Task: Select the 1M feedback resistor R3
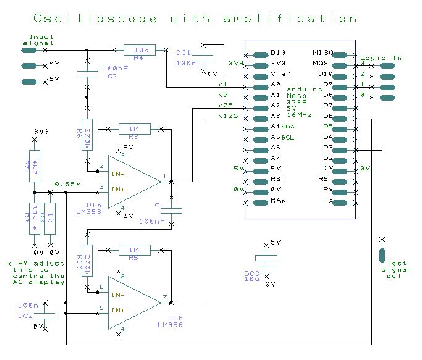(134, 128)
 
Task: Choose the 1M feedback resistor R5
(134, 249)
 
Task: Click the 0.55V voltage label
(67, 184)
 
